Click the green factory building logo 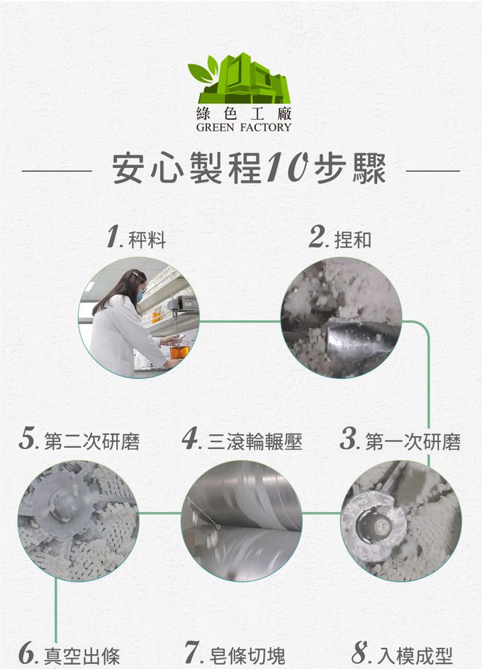pos(239,79)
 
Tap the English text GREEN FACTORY pos(244,127)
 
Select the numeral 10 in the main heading pos(288,167)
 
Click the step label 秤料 pos(147,239)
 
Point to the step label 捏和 pos(352,239)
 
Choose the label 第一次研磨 pos(413,441)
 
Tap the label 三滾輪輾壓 pos(254,441)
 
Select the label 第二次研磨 pos(91,441)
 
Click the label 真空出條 pos(82,656)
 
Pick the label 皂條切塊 pos(247,656)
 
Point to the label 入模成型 pos(415,656)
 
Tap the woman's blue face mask pos(140,295)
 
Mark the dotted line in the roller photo pos(203,513)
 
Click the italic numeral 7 pos(192,652)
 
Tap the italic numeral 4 pos(191,438)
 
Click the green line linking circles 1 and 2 pos(240,321)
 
